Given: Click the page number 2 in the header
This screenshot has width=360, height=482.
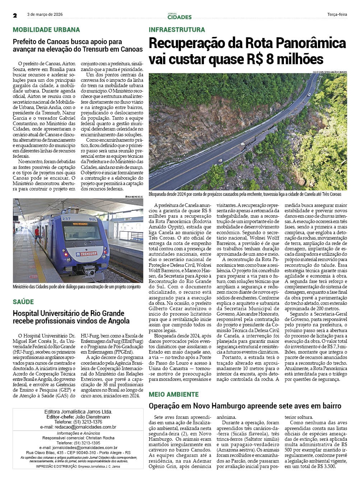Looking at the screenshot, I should tap(15, 15).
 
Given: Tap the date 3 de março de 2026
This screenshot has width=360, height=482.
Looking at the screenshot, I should tap(45, 15).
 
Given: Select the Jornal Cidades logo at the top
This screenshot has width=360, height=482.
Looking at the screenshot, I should tap(179, 16).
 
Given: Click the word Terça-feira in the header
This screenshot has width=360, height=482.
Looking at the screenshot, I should tap(337, 15).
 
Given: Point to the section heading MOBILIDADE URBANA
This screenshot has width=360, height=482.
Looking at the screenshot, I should tap(46, 30).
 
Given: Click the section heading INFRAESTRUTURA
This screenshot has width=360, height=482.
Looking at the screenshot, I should tap(177, 30).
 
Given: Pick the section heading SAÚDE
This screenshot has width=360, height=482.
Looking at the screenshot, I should tap(23, 302).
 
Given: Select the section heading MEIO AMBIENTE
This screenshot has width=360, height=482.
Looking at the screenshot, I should tap(174, 394).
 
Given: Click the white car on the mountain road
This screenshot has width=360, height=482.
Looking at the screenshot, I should tap(309, 95).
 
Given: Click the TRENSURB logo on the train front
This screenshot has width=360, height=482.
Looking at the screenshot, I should tap(87, 254).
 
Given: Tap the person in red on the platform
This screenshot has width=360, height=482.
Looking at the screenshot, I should tap(37, 235).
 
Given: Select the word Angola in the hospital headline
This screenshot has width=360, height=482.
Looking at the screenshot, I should tap(116, 321).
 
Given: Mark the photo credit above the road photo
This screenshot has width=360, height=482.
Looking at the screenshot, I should tap(329, 72).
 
